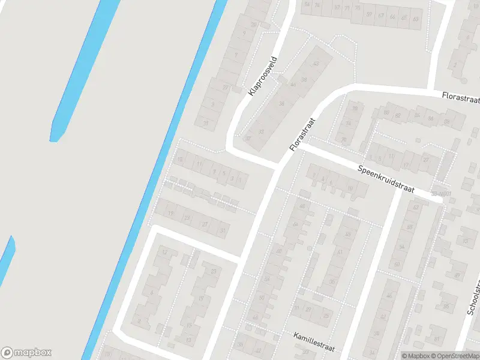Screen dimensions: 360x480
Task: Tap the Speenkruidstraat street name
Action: [386, 179]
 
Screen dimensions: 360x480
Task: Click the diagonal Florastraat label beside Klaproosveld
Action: [302, 134]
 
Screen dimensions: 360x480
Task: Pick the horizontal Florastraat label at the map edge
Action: [460, 97]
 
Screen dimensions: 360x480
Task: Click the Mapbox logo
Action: [26, 353]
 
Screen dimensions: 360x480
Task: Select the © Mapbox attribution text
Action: [413, 356]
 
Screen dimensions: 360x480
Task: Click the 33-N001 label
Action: [440, 194]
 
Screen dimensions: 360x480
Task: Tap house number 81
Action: [339, 253]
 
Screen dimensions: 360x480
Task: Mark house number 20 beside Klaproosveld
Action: [226, 88]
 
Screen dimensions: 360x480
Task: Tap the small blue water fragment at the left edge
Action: [6, 258]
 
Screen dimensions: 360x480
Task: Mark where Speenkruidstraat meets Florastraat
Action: [302, 144]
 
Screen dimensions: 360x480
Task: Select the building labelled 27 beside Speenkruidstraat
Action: [427, 160]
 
